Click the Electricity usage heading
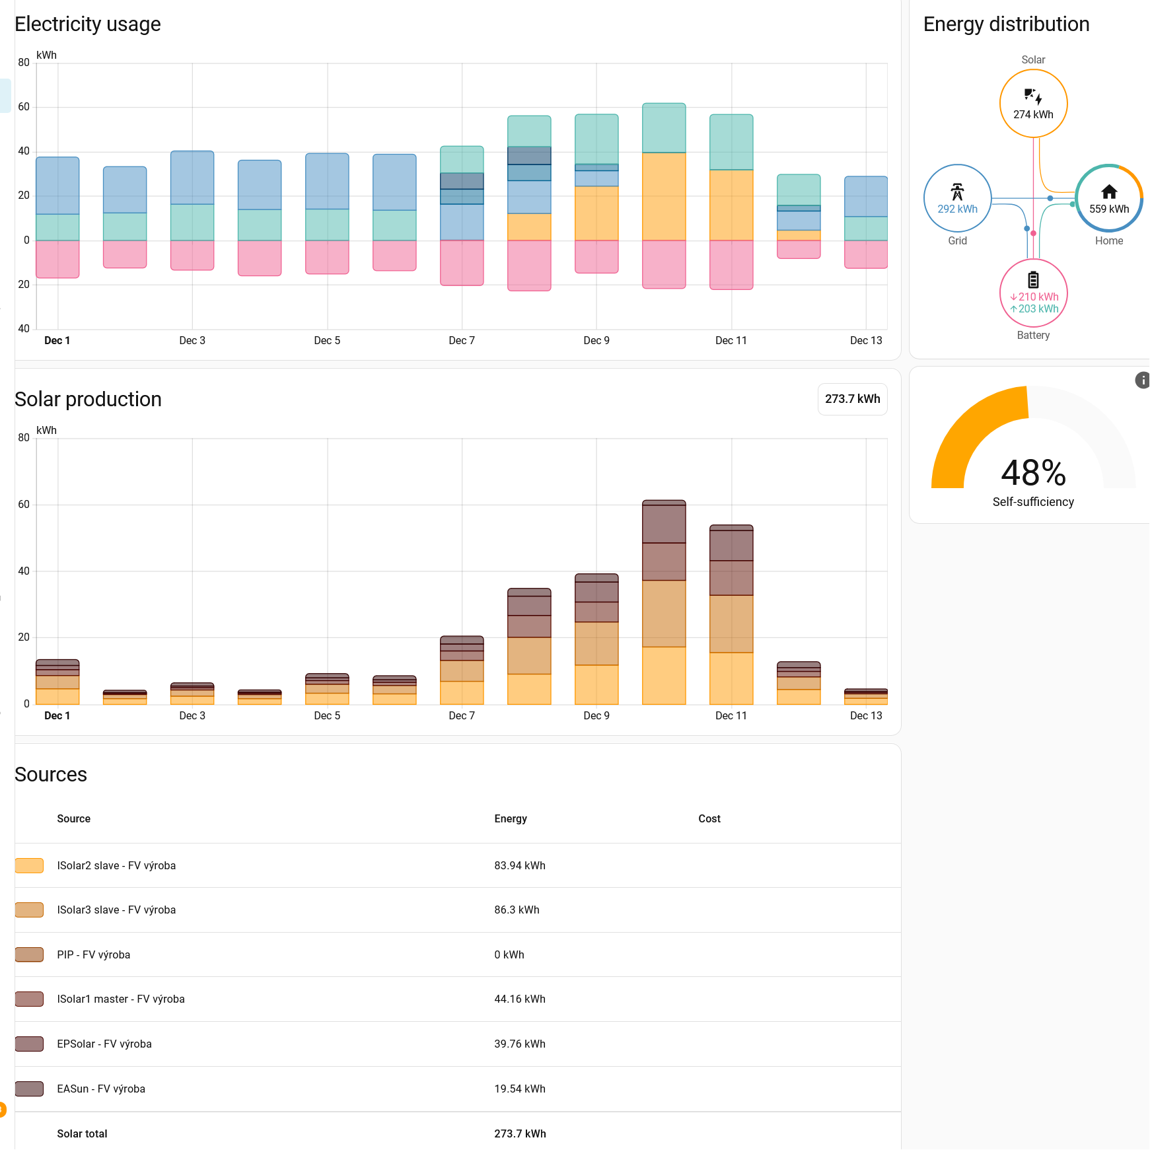[x=88, y=24]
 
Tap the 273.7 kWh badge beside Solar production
[x=852, y=399]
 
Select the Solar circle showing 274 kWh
[x=1033, y=104]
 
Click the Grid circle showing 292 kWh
[x=957, y=198]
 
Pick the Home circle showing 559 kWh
[x=1109, y=198]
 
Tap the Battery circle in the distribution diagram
[x=1033, y=293]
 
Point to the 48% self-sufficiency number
[x=1033, y=473]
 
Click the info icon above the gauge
[x=1142, y=380]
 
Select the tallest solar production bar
[x=664, y=602]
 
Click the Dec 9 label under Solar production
[x=596, y=715]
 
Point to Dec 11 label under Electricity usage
[x=731, y=340]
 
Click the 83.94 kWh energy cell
[x=520, y=865]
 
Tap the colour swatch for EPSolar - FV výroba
[x=29, y=1044]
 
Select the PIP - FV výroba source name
[x=94, y=954]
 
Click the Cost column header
[x=709, y=818]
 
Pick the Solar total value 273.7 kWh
[x=520, y=1133]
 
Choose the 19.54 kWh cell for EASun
[x=520, y=1089]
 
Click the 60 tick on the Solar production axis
[x=24, y=505]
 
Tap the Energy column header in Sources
[x=511, y=818]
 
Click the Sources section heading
[x=51, y=774]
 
